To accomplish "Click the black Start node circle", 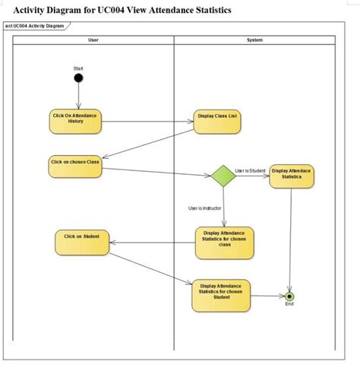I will coord(78,78).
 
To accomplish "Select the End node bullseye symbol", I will coord(289,295).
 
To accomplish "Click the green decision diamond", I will coord(223,176).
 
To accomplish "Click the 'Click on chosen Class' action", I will coord(74,166).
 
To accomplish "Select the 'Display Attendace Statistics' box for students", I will coord(292,175).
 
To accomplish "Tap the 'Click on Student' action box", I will coord(81,242).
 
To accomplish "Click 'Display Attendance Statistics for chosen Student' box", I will coord(221,294).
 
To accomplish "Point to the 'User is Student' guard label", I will coord(250,170).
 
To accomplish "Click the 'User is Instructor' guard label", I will coord(204,208).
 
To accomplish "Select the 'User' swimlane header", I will coord(93,39).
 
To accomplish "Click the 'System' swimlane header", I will coord(255,39).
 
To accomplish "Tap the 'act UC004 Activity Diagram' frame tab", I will coord(35,26).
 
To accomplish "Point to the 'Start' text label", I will coord(78,68).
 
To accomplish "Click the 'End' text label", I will coord(289,304).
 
